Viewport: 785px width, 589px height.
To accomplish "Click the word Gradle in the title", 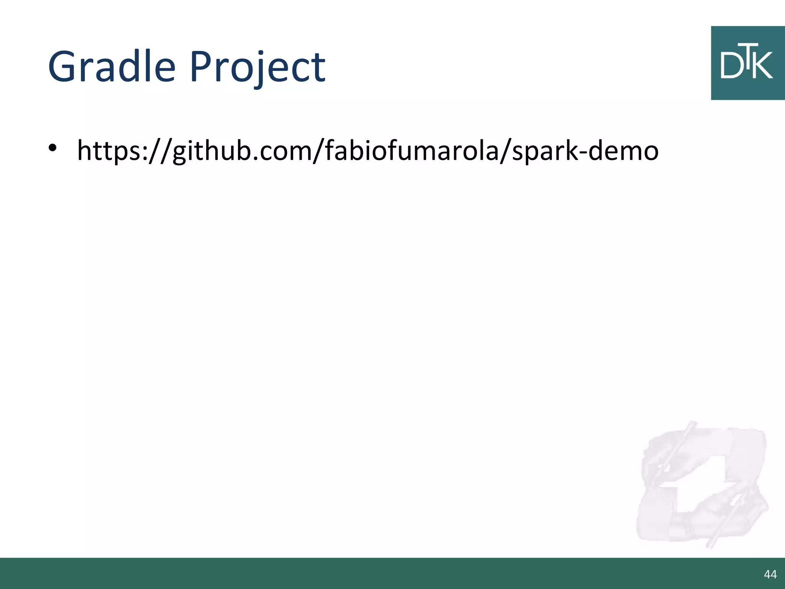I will point(112,67).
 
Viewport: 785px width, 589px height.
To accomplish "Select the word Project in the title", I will point(257,67).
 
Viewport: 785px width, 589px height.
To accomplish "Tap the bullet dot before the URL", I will point(53,148).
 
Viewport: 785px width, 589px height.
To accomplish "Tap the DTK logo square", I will point(747,63).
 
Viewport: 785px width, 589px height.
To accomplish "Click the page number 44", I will point(770,574).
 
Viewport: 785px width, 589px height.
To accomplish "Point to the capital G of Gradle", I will point(63,67).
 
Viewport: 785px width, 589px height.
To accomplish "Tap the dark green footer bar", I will point(383,573).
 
